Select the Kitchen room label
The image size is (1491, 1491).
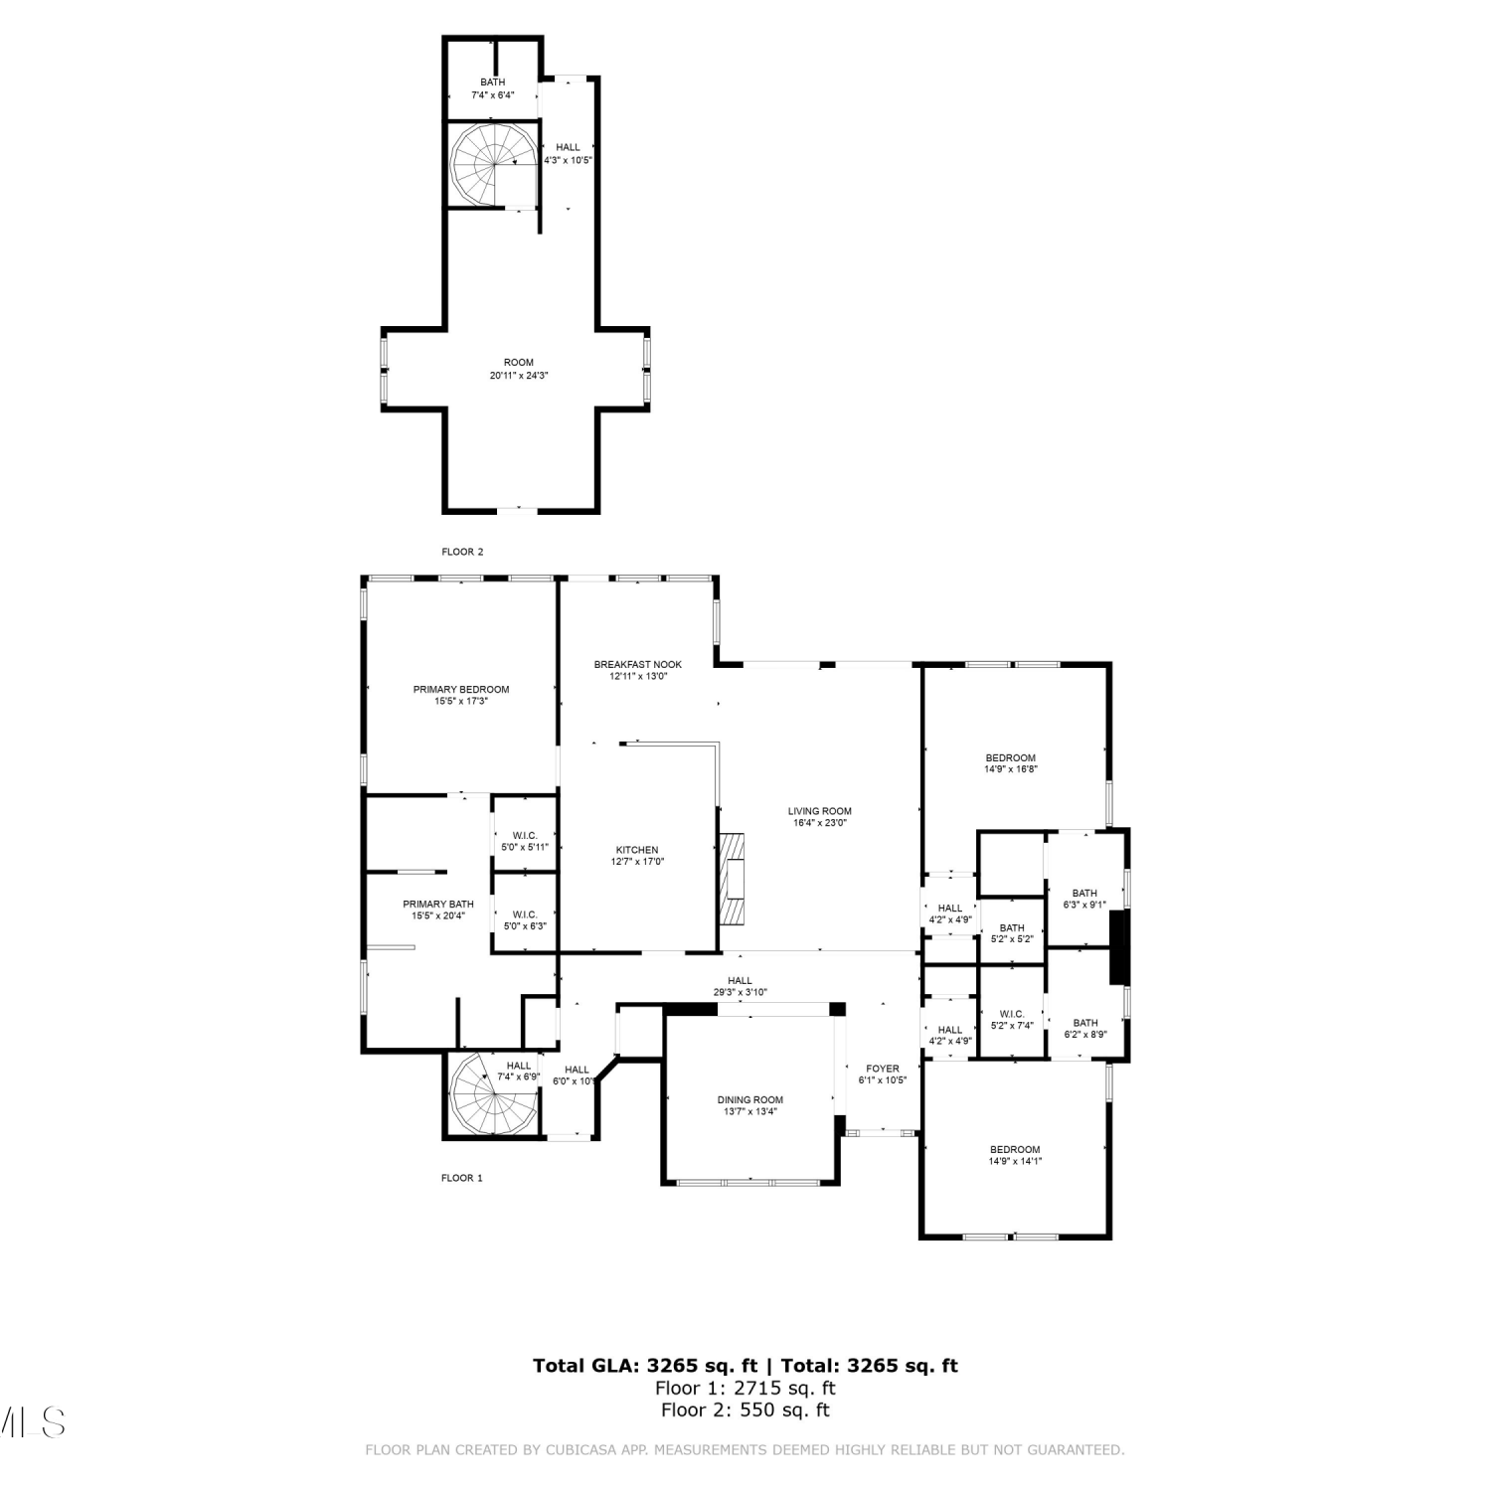point(637,850)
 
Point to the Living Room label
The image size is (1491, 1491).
point(820,811)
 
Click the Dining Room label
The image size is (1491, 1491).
point(750,1099)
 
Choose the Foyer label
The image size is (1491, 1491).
point(883,1069)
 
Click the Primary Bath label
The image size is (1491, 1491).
point(438,904)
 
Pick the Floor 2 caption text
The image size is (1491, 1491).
point(462,552)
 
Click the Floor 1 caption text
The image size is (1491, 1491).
point(462,1178)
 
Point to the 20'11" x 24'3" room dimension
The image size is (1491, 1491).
point(519,376)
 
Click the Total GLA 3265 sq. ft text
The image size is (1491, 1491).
point(646,1366)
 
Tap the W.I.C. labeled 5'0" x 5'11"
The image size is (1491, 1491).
point(525,841)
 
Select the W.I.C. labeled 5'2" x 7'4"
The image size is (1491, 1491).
point(1013,1020)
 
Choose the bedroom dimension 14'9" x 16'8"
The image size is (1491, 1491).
point(1011,769)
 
